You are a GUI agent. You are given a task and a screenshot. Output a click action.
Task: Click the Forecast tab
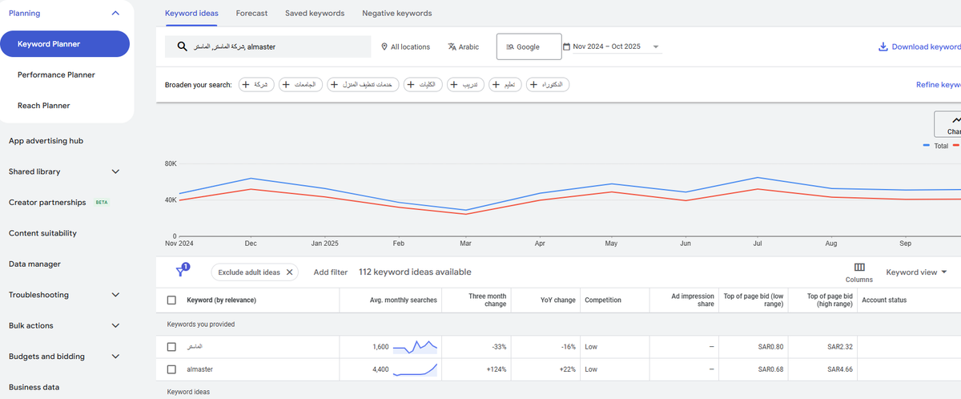pyautogui.click(x=251, y=14)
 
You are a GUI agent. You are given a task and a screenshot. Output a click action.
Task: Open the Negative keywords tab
pyautogui.click(x=396, y=14)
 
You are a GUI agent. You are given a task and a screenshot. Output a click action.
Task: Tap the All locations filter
pyautogui.click(x=405, y=47)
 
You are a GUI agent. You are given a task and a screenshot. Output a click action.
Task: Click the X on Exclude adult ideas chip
pyautogui.click(x=290, y=272)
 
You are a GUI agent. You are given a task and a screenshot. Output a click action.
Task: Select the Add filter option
pyautogui.click(x=330, y=272)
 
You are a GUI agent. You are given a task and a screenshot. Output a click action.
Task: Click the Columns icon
pyautogui.click(x=859, y=268)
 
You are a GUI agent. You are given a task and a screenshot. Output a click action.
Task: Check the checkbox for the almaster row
pyautogui.click(x=171, y=369)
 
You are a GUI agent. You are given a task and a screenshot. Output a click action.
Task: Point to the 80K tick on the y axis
pyautogui.click(x=170, y=164)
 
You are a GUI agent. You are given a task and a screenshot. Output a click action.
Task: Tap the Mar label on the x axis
pyautogui.click(x=465, y=243)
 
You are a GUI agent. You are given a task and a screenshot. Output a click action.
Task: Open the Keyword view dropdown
pyautogui.click(x=916, y=272)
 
